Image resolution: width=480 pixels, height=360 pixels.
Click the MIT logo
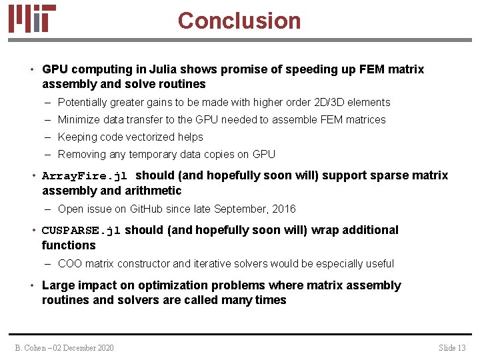click(32, 19)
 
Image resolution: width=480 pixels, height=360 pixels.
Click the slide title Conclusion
click(239, 21)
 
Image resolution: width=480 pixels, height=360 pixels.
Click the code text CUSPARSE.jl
click(81, 231)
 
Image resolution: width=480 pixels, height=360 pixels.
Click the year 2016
click(283, 209)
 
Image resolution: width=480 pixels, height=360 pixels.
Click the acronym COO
click(70, 264)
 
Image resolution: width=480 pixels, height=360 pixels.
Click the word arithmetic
click(151, 191)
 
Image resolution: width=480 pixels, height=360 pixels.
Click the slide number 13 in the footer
click(461, 348)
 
